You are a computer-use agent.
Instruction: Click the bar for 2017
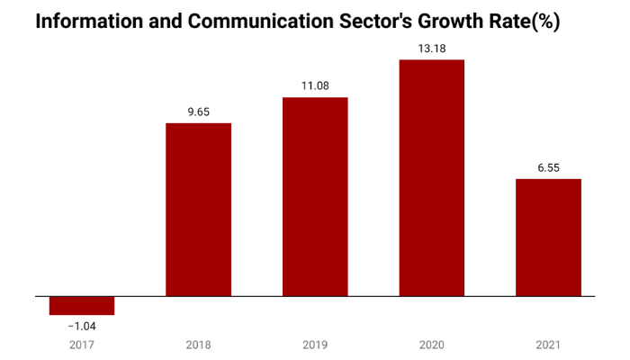coord(82,305)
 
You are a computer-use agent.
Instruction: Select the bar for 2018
coord(199,209)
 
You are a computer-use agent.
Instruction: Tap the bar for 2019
coord(315,196)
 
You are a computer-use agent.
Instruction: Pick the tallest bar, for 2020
coord(432,177)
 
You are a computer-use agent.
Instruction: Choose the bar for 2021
coord(548,238)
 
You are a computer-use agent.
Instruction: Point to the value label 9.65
coord(199,113)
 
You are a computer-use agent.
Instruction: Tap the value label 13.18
coord(432,49)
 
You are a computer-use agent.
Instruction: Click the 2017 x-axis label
coord(82,345)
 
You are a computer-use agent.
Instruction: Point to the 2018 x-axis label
coord(199,345)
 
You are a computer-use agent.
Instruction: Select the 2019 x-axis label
coord(315,345)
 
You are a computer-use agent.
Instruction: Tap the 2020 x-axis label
coord(432,345)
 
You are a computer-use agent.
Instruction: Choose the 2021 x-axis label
coord(548,345)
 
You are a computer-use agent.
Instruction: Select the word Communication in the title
coord(251,22)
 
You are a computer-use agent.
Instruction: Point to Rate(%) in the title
coord(525,22)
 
